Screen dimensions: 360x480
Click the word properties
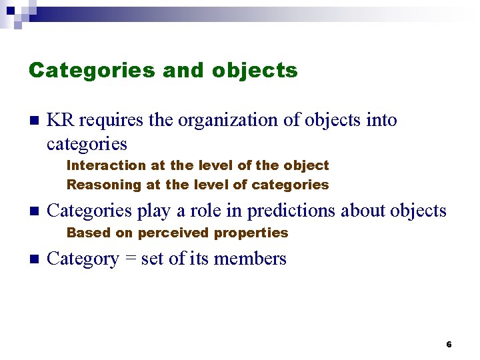click(x=252, y=233)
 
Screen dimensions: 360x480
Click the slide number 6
click(x=449, y=345)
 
